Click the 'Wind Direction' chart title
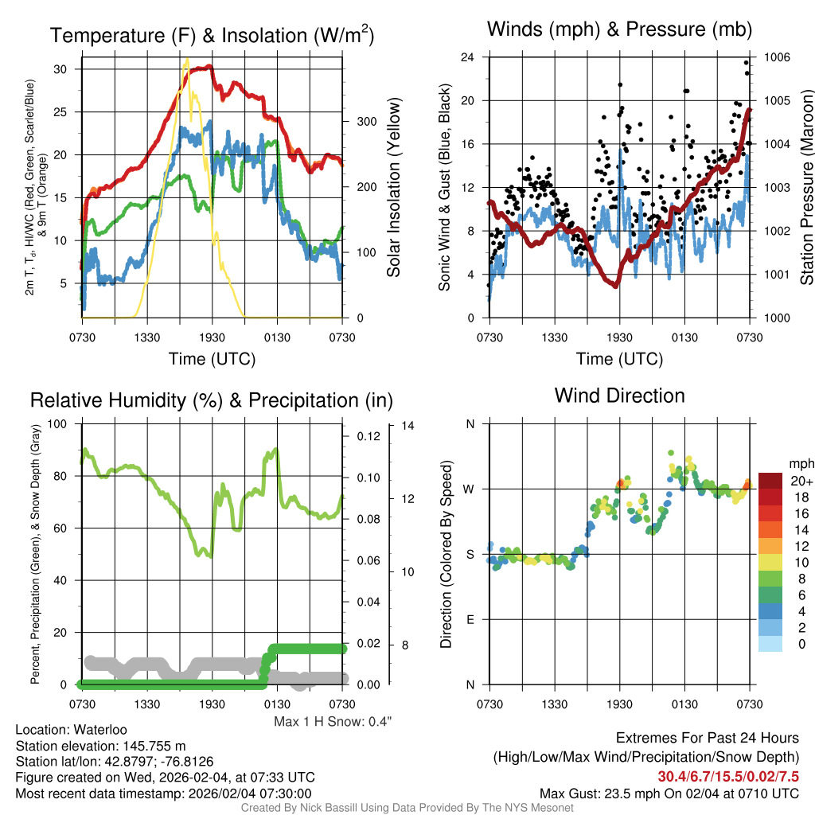click(x=619, y=396)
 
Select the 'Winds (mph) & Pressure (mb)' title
click(x=619, y=29)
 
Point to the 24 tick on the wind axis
click(x=468, y=57)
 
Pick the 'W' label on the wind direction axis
click(x=470, y=489)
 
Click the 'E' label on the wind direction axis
click(x=470, y=619)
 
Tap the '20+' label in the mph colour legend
click(x=801, y=481)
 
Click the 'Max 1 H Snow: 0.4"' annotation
click(x=333, y=722)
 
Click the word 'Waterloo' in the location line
click(x=98, y=730)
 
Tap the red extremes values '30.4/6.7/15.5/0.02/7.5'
click(x=728, y=776)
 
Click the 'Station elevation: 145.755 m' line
click(x=100, y=746)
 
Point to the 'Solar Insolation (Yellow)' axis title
click(x=394, y=188)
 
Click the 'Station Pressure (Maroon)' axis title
click(x=806, y=188)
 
